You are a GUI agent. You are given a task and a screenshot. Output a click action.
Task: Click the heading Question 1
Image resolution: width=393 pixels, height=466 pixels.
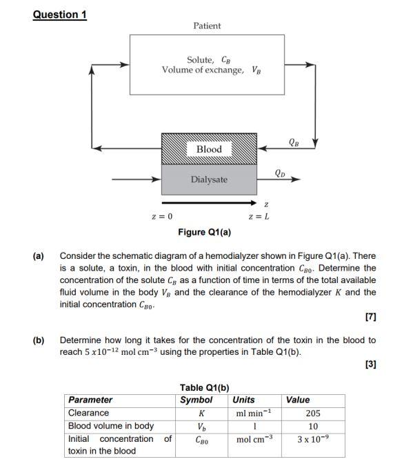60,14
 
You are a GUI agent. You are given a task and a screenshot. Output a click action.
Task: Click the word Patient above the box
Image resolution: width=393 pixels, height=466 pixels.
207,26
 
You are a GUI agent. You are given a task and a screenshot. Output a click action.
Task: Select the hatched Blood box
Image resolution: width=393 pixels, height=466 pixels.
209,149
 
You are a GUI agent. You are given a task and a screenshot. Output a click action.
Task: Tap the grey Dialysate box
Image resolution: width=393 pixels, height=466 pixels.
209,179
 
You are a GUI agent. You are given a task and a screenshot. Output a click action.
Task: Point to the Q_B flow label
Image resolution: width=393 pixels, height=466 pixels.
294,142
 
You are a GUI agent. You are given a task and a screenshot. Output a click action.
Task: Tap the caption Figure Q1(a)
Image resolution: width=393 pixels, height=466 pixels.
204,232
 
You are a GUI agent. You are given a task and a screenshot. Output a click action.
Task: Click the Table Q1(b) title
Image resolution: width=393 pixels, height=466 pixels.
204,387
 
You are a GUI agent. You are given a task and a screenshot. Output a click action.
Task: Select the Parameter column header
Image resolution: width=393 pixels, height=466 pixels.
90,400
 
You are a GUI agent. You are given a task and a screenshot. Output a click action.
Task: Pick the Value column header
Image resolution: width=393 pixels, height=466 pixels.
298,400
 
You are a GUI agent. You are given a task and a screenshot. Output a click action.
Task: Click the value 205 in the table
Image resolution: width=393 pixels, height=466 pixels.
312,413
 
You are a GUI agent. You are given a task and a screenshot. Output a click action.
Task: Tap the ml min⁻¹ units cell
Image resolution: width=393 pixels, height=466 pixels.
250,413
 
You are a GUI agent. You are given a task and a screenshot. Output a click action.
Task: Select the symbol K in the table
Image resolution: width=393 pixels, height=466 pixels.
201,413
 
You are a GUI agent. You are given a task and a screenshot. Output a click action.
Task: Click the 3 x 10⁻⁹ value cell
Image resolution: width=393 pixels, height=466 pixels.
312,439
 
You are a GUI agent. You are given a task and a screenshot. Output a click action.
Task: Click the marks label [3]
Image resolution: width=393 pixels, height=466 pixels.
370,365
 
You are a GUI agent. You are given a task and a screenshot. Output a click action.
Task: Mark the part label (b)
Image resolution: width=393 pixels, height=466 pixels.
39,340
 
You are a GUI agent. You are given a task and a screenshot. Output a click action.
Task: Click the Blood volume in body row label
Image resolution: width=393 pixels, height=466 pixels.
110,426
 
